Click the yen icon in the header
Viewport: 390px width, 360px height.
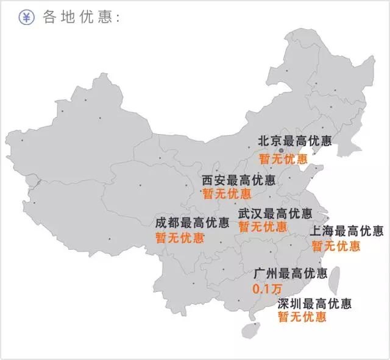point(26,17)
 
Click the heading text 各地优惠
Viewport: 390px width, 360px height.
point(79,17)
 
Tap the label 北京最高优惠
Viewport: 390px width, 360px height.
point(295,141)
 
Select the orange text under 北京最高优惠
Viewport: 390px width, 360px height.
point(283,159)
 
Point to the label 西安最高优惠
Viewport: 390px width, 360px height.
point(238,180)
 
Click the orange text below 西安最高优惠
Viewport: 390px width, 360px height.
point(226,194)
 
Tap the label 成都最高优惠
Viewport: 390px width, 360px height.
point(192,223)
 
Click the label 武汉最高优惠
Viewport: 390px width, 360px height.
point(275,214)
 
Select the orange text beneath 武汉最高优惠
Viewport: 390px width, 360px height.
point(263,227)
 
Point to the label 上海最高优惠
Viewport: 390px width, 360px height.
point(347,231)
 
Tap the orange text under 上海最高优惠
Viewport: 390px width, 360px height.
point(336,246)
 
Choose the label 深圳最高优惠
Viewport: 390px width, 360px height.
point(314,303)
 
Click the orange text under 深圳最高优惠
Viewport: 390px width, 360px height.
point(302,317)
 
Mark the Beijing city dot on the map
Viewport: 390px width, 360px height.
point(281,150)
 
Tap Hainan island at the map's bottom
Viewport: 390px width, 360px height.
point(249,330)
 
